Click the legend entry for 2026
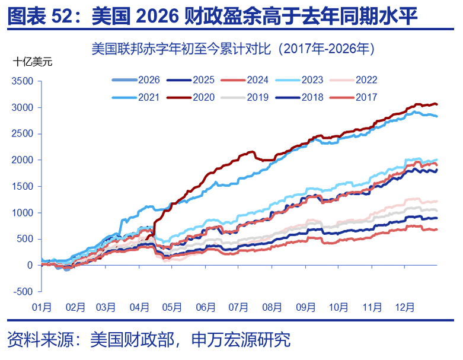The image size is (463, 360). coord(138,80)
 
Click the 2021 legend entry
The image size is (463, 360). coord(138,97)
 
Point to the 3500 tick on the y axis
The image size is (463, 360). coord(23,81)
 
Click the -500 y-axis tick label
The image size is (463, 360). coord(24,292)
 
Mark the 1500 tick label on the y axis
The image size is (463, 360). coord(23,186)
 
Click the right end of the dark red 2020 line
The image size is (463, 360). coord(437,104)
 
